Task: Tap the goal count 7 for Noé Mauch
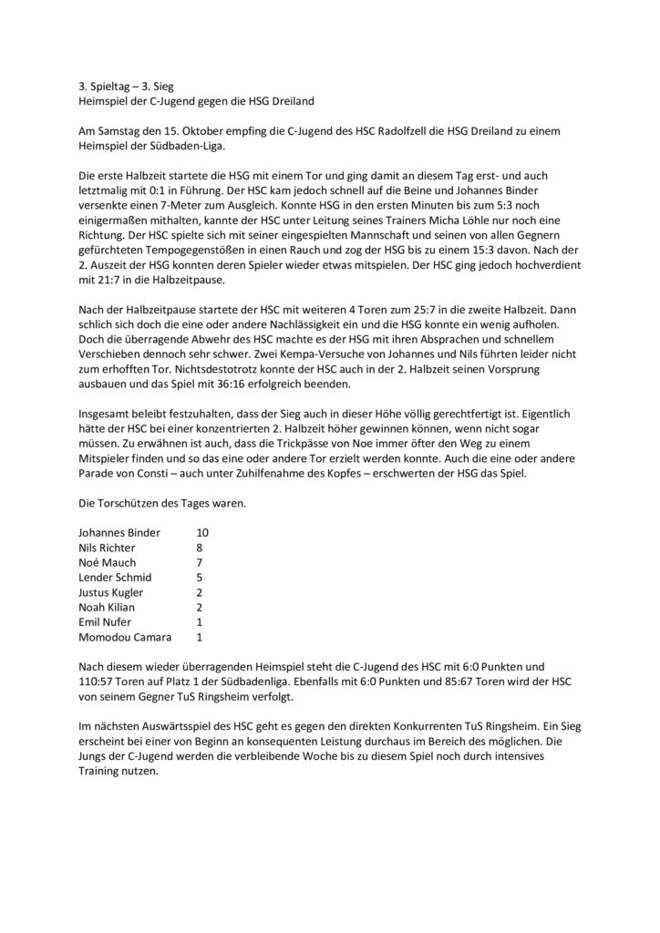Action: click(200, 563)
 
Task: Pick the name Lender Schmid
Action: click(116, 579)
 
